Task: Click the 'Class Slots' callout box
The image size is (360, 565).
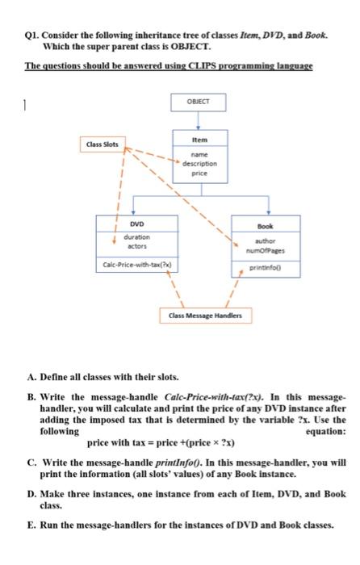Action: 103,144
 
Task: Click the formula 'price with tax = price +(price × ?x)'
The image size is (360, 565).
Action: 160,442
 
